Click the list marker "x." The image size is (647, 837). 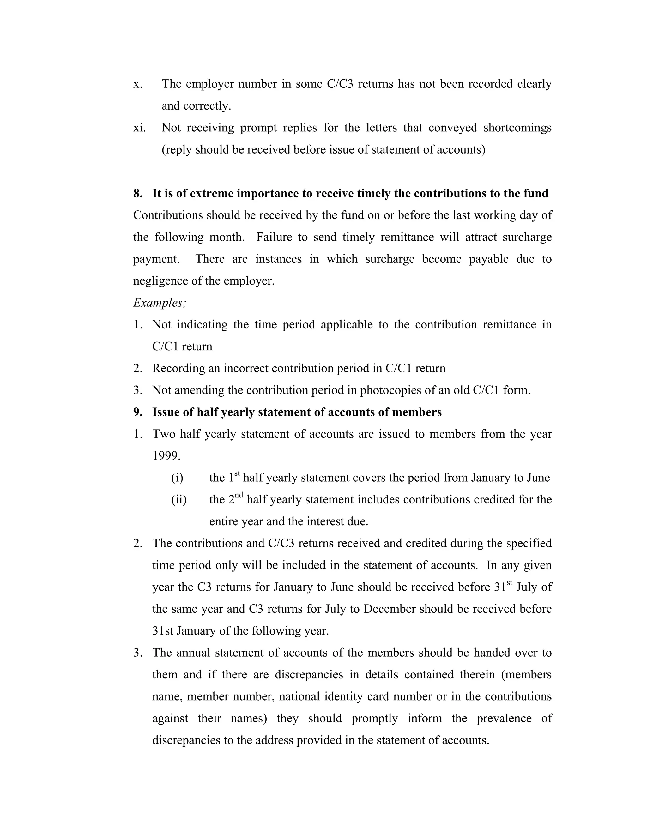coord(138,84)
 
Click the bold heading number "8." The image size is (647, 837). coord(138,193)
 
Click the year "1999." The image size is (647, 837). coord(166,456)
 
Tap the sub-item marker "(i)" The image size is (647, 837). coord(177,478)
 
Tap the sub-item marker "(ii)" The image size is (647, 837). coord(178,500)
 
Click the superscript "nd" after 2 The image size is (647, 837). coord(239,496)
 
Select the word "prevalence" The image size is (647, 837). coord(504,718)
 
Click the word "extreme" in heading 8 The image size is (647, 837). coord(211,193)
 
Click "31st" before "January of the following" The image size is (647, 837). coord(163,631)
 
